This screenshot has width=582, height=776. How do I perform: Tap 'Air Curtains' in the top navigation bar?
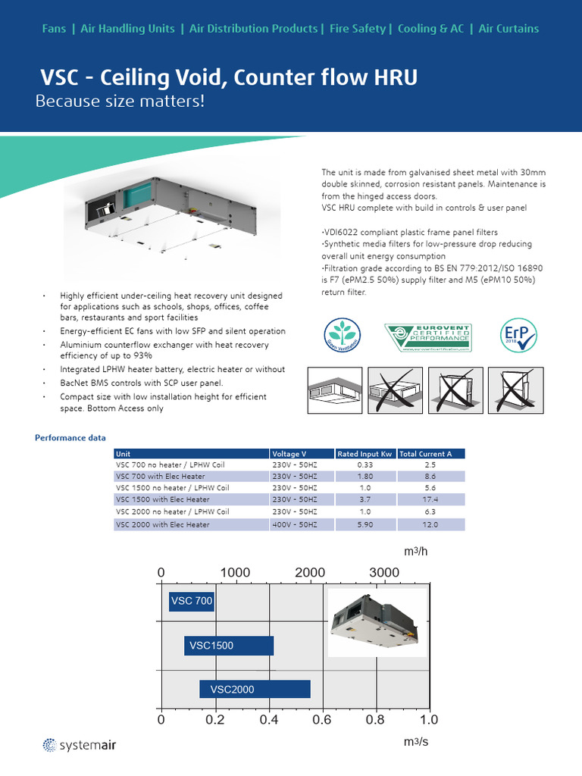[x=508, y=29]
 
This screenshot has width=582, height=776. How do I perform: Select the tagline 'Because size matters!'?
[x=120, y=102]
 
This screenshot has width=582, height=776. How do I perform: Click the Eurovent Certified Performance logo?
[x=428, y=338]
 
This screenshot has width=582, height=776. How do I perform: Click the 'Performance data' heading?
[x=70, y=438]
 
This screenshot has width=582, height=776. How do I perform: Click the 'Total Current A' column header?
[x=425, y=454]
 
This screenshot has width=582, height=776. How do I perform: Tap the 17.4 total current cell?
[x=430, y=500]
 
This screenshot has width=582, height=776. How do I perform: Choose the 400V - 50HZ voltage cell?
[x=295, y=524]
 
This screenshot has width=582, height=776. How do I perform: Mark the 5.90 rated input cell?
[x=365, y=524]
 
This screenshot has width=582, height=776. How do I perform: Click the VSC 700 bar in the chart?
[x=192, y=601]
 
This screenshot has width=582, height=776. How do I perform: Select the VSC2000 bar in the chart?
[x=255, y=689]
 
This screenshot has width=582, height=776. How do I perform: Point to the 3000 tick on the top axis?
[x=384, y=573]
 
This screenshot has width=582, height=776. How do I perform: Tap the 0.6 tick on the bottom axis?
[x=322, y=720]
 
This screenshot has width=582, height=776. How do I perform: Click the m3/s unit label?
[x=416, y=742]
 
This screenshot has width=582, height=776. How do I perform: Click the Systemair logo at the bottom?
[x=79, y=745]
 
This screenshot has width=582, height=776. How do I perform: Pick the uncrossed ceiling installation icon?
[x=335, y=390]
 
